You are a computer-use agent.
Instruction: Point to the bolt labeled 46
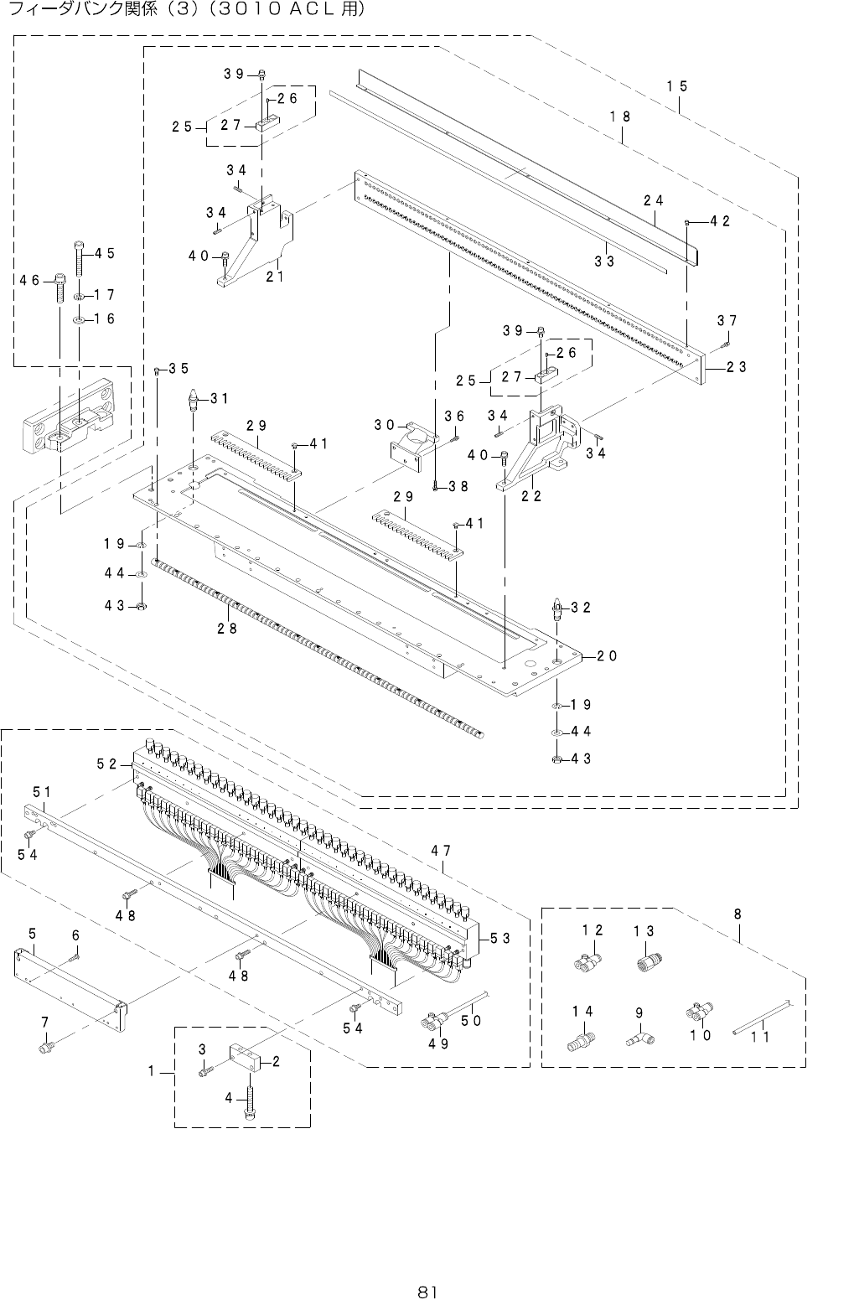(x=60, y=288)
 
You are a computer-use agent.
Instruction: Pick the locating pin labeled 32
(x=556, y=608)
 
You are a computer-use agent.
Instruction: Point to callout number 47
(x=442, y=851)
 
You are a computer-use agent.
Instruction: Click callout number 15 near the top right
(x=677, y=86)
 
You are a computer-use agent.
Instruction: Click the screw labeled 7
(x=47, y=1047)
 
